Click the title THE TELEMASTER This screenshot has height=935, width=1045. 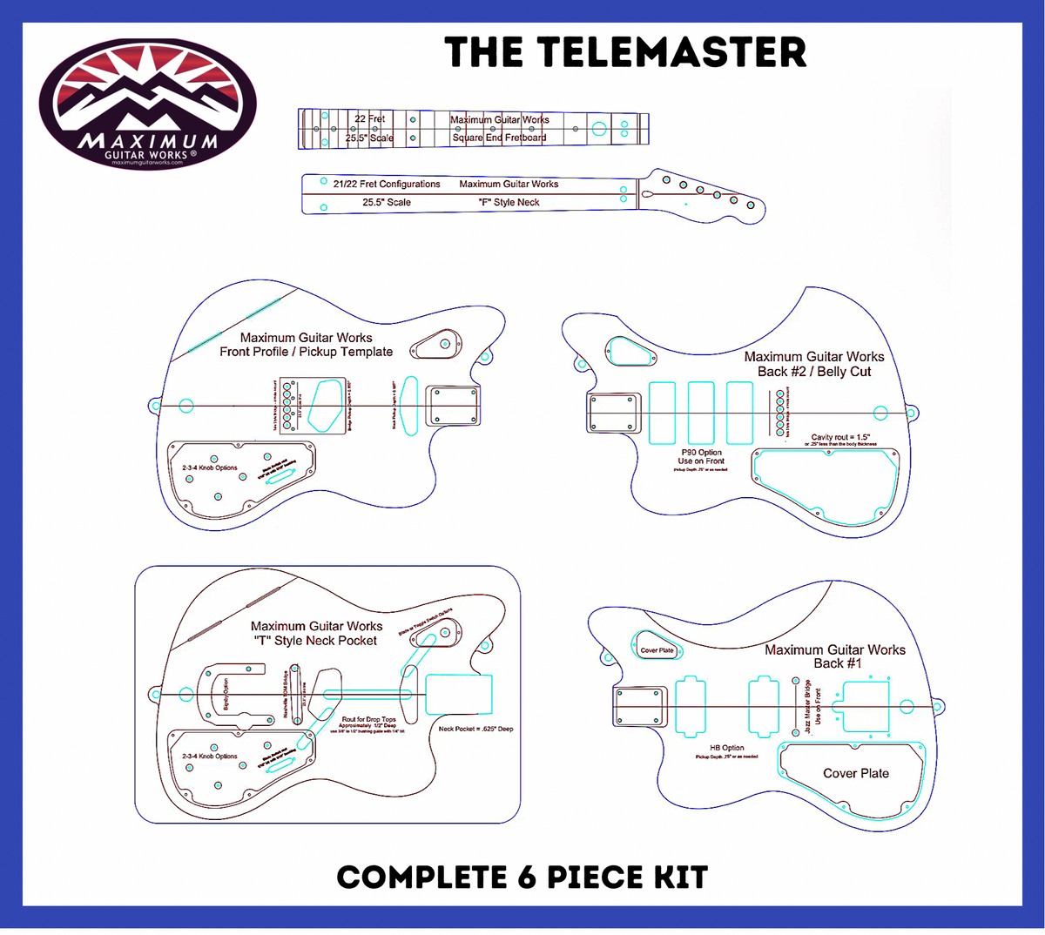[x=625, y=52]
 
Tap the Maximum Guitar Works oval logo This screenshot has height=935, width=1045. [x=148, y=101]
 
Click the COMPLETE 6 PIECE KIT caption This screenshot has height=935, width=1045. [x=522, y=877]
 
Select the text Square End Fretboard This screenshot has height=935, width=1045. [x=499, y=138]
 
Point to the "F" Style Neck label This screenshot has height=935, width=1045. [x=509, y=202]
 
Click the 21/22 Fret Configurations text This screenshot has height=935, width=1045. [x=387, y=184]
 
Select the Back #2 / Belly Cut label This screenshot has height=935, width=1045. [x=813, y=372]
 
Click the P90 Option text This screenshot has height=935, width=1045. [x=701, y=453]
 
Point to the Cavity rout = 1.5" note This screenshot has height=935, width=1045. [x=840, y=437]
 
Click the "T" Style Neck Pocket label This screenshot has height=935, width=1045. [x=315, y=641]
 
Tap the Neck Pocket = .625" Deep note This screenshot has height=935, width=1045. [x=475, y=729]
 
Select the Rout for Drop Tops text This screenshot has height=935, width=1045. [x=368, y=720]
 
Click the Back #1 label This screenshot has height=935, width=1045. [x=837, y=663]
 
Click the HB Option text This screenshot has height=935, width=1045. [x=726, y=748]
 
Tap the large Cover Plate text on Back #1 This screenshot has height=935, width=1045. [x=856, y=773]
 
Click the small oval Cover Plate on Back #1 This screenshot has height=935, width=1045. [x=657, y=649]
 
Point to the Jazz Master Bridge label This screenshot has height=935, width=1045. [x=808, y=706]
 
